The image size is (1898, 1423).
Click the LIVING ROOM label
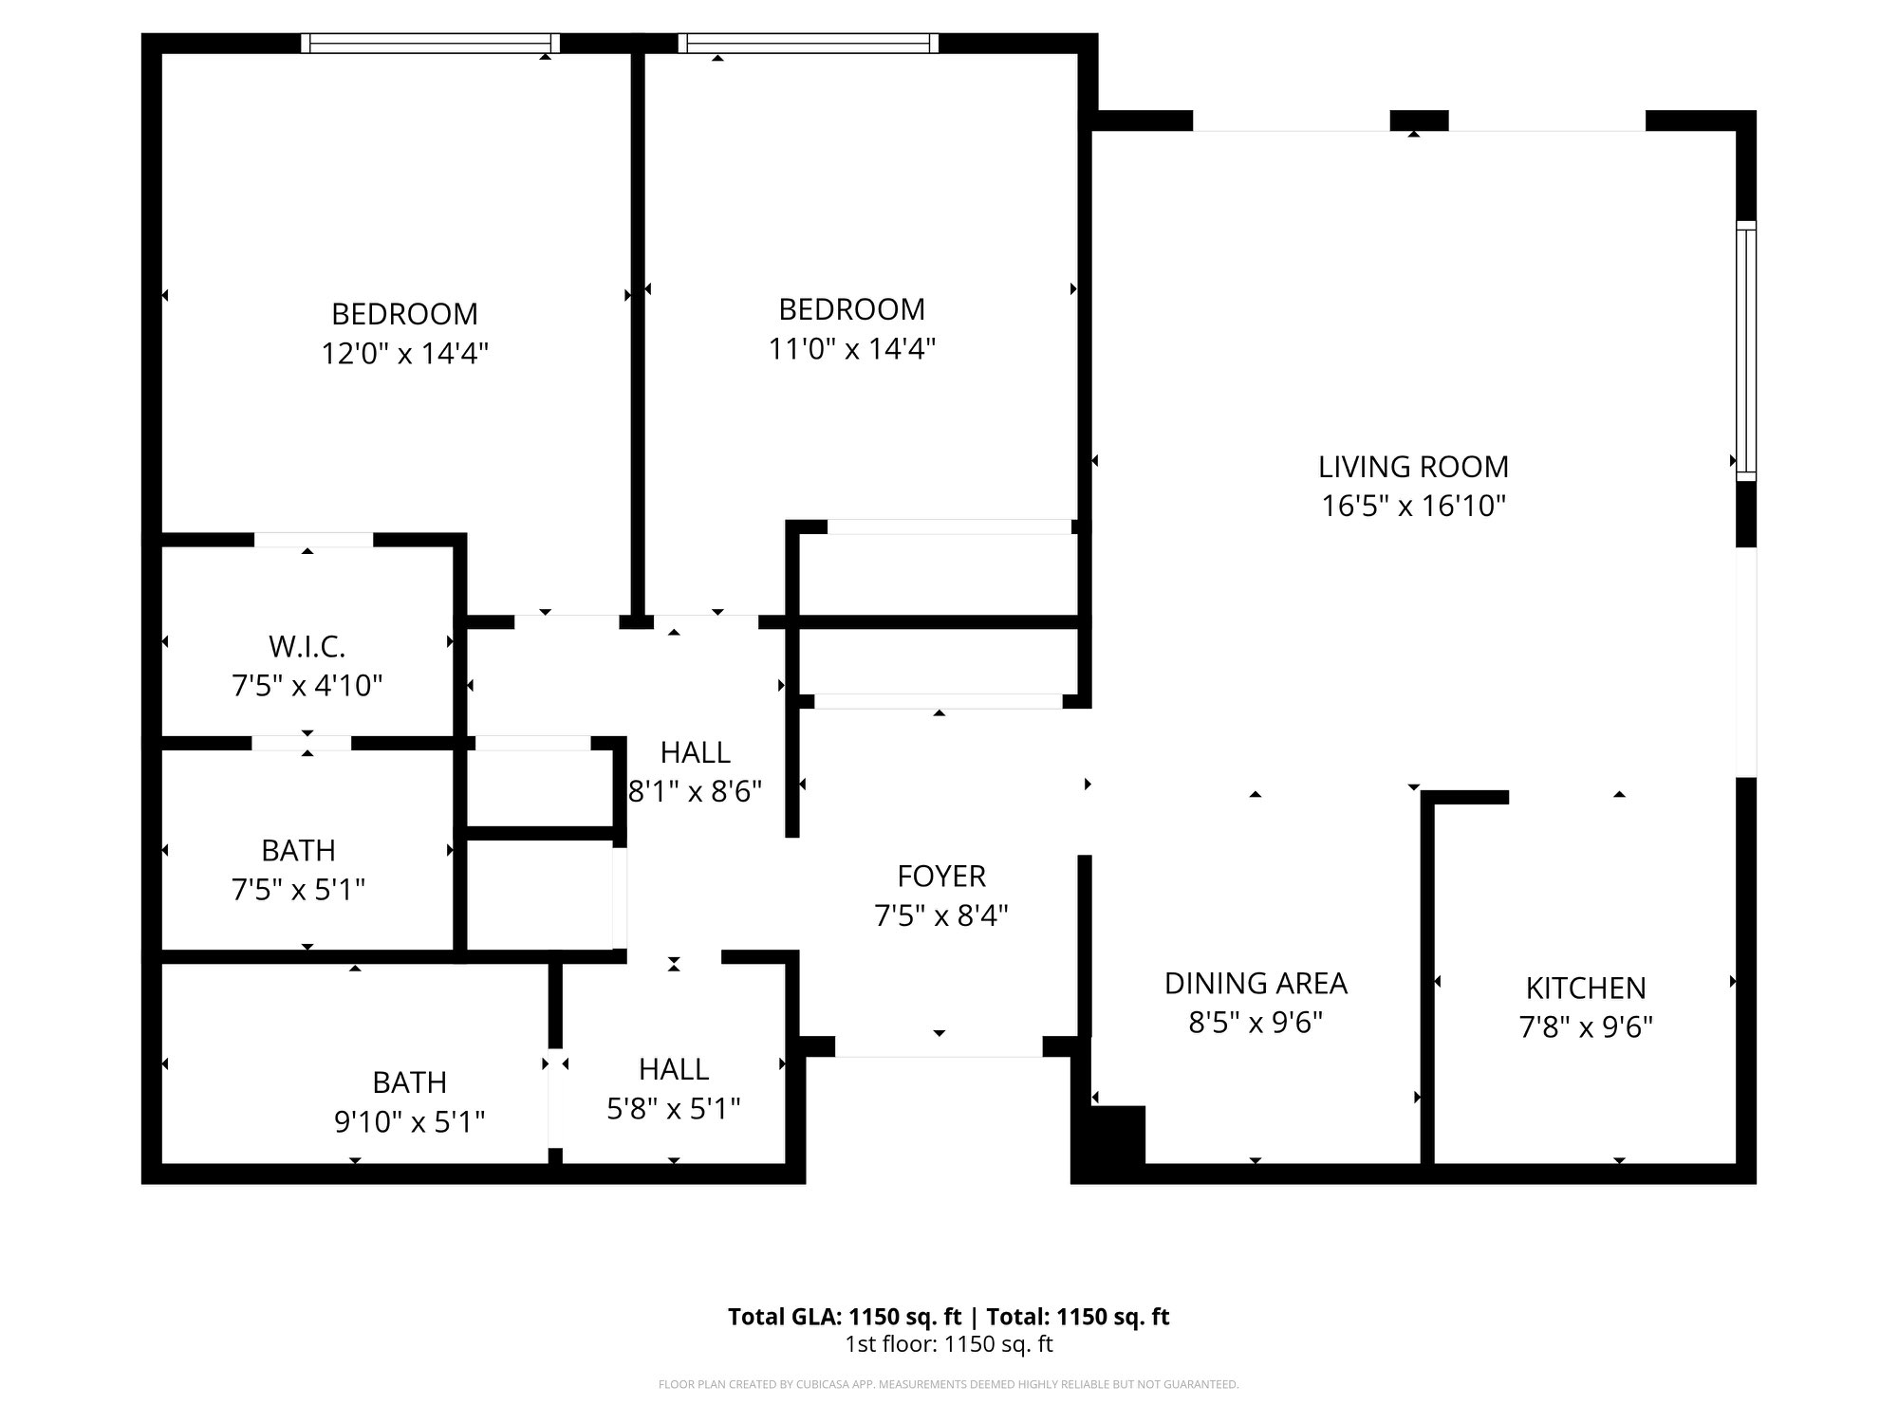[1413, 467]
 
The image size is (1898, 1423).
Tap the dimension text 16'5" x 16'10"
[1413, 507]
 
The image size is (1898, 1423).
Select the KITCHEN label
[1586, 989]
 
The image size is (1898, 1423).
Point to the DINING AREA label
[1256, 984]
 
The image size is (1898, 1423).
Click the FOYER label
[941, 876]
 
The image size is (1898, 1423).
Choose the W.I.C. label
[307, 647]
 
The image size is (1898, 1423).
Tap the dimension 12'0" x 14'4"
[404, 354]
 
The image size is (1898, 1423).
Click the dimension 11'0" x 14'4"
[851, 349]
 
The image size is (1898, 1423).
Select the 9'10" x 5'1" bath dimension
[409, 1122]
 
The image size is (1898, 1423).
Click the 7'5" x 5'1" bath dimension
[298, 890]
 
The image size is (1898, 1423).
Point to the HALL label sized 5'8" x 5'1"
[674, 1069]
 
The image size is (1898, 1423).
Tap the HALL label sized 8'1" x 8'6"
[695, 752]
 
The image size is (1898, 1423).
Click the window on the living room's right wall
[1745, 351]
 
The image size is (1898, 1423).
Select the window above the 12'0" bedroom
[430, 44]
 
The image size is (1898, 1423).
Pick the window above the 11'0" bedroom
[809, 44]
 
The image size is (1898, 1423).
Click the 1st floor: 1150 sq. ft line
[948, 1344]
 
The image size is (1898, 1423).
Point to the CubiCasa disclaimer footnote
[948, 1385]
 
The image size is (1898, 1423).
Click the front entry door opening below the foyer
[939, 1047]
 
